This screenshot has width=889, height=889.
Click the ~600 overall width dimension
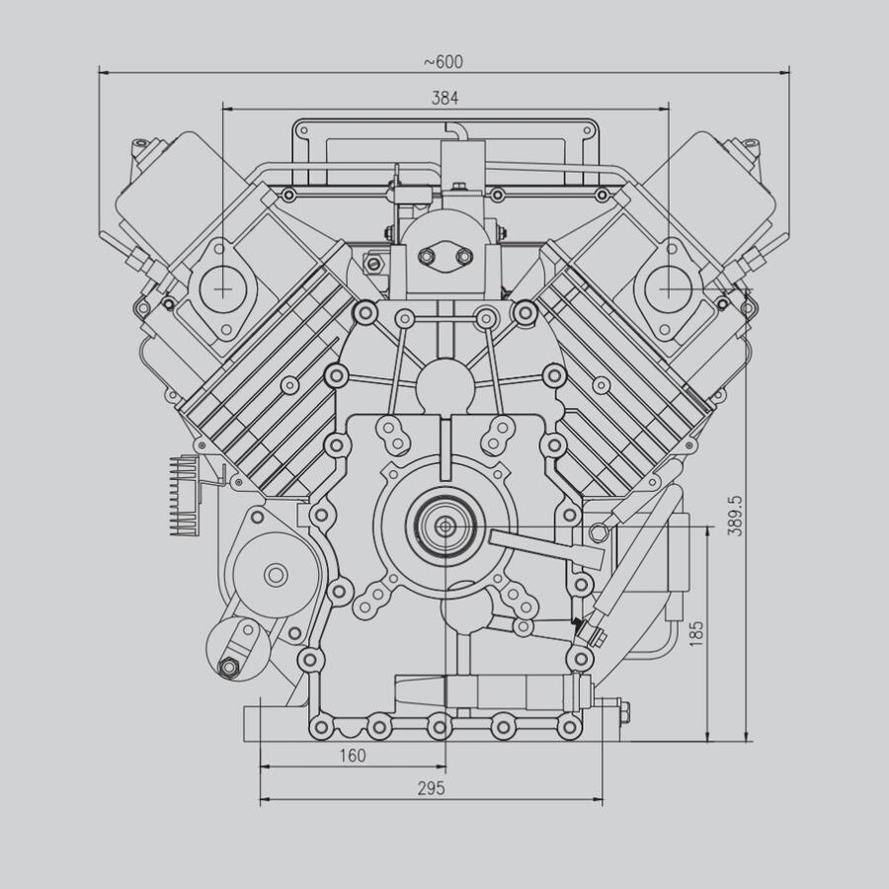pos(444,61)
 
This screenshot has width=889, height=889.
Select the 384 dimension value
pos(444,97)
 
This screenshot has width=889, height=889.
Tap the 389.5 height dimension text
pos(734,515)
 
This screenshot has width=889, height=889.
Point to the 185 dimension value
pos(696,633)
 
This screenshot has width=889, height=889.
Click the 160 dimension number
pos(352,756)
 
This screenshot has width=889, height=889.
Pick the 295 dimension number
pos(431,787)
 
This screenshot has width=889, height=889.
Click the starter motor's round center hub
pos(276,573)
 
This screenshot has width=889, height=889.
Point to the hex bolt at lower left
pos(229,668)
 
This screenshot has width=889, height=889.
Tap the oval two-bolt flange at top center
pos(445,257)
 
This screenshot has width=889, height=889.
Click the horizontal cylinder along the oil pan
pos(484,691)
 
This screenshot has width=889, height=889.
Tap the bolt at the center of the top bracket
pos(460,187)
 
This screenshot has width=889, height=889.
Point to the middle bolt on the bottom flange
pos(439,728)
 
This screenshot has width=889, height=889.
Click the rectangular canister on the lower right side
pos(678,570)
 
